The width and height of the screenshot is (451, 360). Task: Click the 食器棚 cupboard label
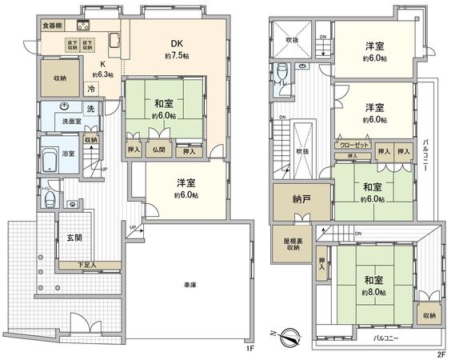coord(53,25)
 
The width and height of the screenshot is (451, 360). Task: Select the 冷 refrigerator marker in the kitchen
coord(92,90)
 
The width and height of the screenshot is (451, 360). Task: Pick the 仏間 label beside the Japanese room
coord(158,150)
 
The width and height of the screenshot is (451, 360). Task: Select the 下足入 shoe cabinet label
coord(87,265)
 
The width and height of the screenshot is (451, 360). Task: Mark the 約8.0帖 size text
coord(373,292)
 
